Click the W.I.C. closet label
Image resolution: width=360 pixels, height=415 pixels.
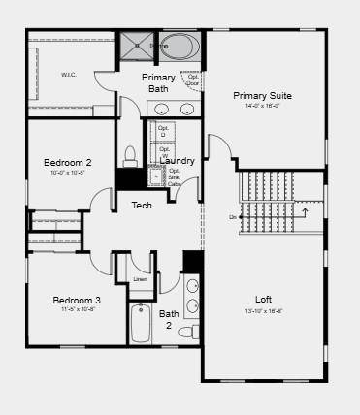click(68, 75)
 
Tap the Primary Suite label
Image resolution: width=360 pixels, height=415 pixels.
click(262, 95)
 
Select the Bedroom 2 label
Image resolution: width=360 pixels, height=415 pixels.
click(68, 162)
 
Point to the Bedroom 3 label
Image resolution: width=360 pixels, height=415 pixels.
click(77, 300)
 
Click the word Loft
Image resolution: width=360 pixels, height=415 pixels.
click(263, 299)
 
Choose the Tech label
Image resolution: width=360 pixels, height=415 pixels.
click(142, 205)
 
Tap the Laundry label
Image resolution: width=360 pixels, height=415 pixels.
click(177, 160)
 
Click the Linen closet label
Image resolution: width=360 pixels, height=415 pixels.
click(141, 279)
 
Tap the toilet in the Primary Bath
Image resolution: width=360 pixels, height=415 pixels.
click(131, 156)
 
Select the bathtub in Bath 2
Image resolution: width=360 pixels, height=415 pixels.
click(141, 324)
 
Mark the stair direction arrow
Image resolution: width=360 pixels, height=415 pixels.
click(305, 210)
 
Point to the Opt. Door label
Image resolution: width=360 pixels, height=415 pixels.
click(193, 80)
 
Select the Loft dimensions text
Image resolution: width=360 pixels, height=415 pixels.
click(263, 311)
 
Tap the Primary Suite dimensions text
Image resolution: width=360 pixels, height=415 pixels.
click(262, 106)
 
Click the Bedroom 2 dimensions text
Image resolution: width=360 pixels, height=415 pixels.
click(68, 173)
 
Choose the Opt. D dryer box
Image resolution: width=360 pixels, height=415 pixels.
click(162, 131)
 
